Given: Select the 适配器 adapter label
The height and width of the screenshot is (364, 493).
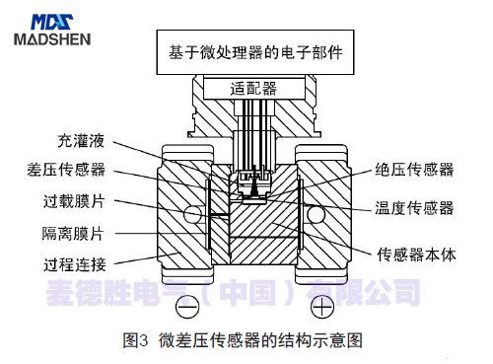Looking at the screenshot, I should pyautogui.click(x=253, y=89).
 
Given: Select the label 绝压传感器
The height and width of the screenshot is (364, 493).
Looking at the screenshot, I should pyautogui.click(x=415, y=170).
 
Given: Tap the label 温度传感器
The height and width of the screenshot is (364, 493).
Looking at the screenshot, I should pyautogui.click(x=415, y=208).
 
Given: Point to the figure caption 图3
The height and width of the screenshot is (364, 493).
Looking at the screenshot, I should pyautogui.click(x=135, y=341).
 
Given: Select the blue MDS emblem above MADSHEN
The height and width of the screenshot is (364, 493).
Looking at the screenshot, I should pyautogui.click(x=51, y=18).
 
